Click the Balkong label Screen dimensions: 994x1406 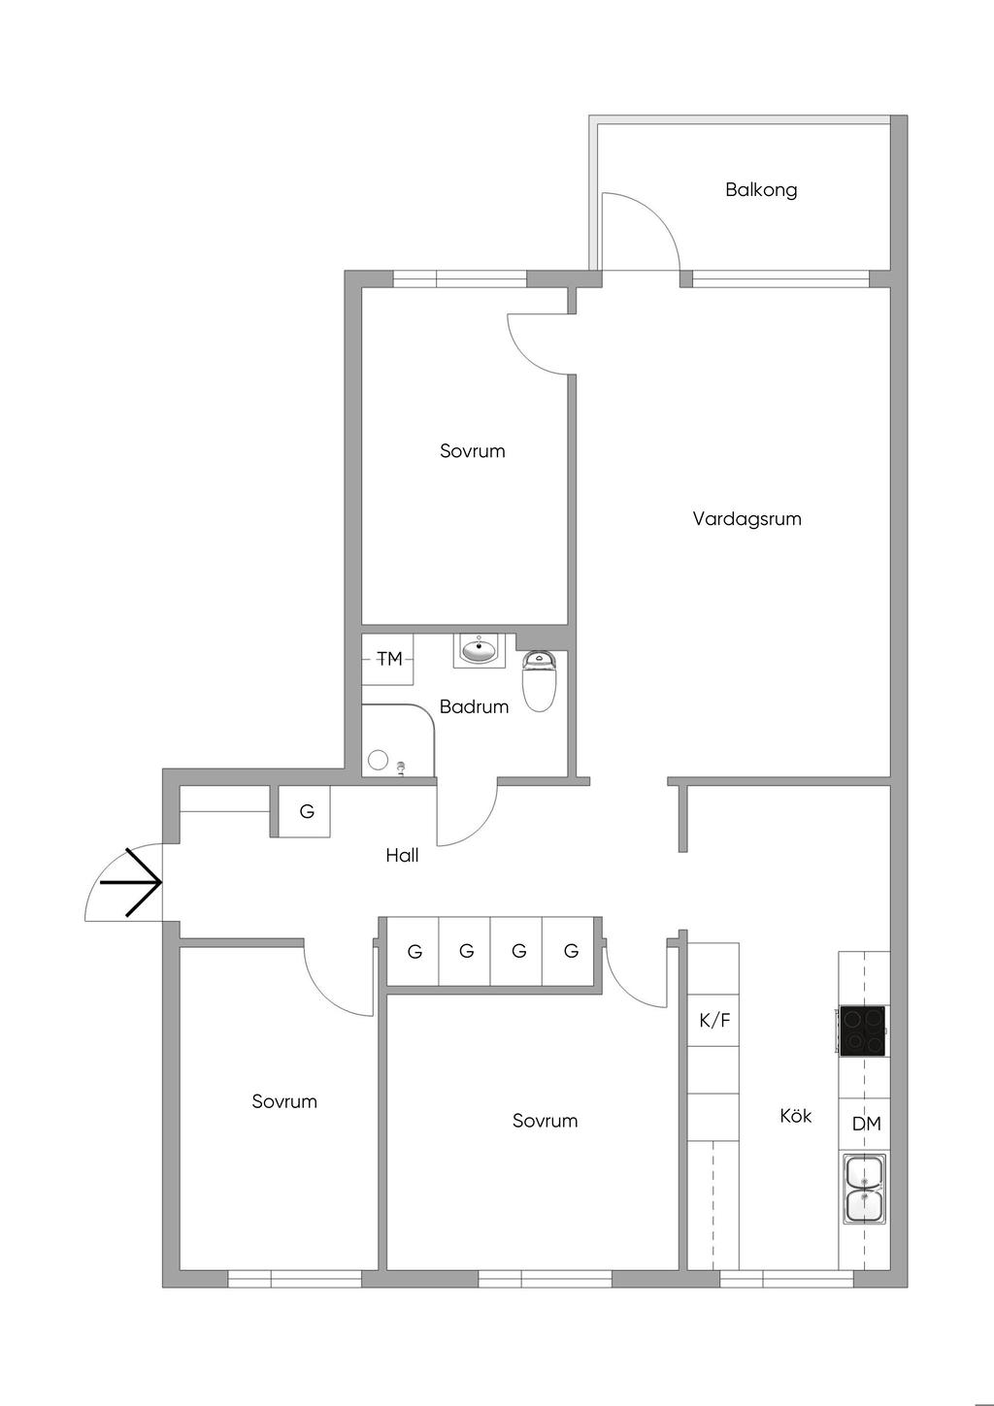(x=760, y=189)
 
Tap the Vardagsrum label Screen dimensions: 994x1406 (x=746, y=519)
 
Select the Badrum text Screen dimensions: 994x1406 (x=474, y=706)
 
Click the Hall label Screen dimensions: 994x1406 (x=402, y=855)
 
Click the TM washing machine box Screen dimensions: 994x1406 (x=387, y=659)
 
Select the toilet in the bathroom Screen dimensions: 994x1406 (x=539, y=682)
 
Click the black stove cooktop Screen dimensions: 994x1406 (x=862, y=1030)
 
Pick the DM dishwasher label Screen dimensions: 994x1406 (x=867, y=1125)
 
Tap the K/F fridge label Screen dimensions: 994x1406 (x=714, y=1021)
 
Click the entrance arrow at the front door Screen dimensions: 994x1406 (x=131, y=882)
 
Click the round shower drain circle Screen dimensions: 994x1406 (x=378, y=760)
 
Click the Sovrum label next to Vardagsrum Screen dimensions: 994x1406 (x=472, y=451)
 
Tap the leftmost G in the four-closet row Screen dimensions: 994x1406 (x=414, y=952)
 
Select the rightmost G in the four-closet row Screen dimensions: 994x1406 (x=571, y=951)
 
